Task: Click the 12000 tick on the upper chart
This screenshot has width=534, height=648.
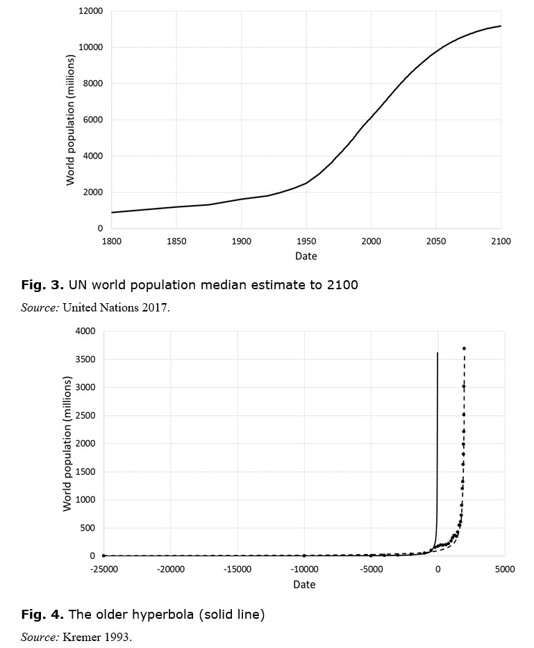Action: point(90,10)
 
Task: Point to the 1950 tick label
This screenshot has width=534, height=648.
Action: point(306,241)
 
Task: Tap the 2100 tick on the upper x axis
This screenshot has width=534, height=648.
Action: point(501,241)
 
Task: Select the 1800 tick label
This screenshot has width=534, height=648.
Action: point(111,241)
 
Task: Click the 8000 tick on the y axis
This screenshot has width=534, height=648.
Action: point(93,83)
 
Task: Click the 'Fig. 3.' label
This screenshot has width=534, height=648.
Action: point(42,285)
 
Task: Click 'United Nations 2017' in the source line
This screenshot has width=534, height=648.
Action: point(115,307)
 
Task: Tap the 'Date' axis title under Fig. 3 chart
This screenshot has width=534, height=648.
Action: point(306,257)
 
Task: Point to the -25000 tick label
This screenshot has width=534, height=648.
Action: point(103,569)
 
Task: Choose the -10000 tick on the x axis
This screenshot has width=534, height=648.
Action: point(305,569)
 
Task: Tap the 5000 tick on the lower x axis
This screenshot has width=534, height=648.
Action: point(505,569)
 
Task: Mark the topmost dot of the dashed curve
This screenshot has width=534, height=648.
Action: point(465,348)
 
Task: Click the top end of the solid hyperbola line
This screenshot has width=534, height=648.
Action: point(437,353)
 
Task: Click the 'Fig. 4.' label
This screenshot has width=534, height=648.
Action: point(42,614)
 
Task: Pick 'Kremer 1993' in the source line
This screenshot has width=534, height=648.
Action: point(97,637)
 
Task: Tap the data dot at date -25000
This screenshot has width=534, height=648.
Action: point(103,556)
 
